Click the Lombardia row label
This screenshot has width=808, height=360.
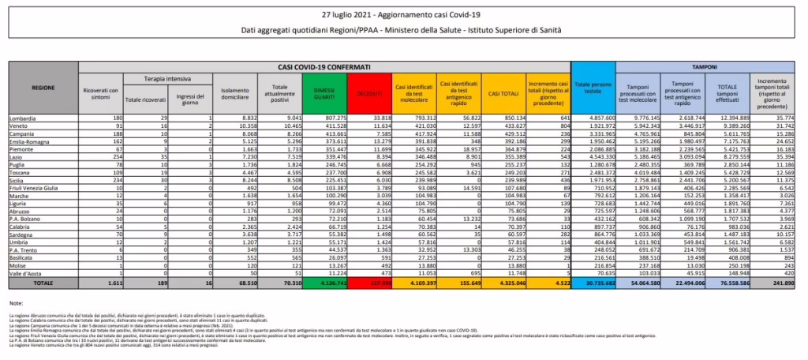pyautogui.click(x=21, y=117)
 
